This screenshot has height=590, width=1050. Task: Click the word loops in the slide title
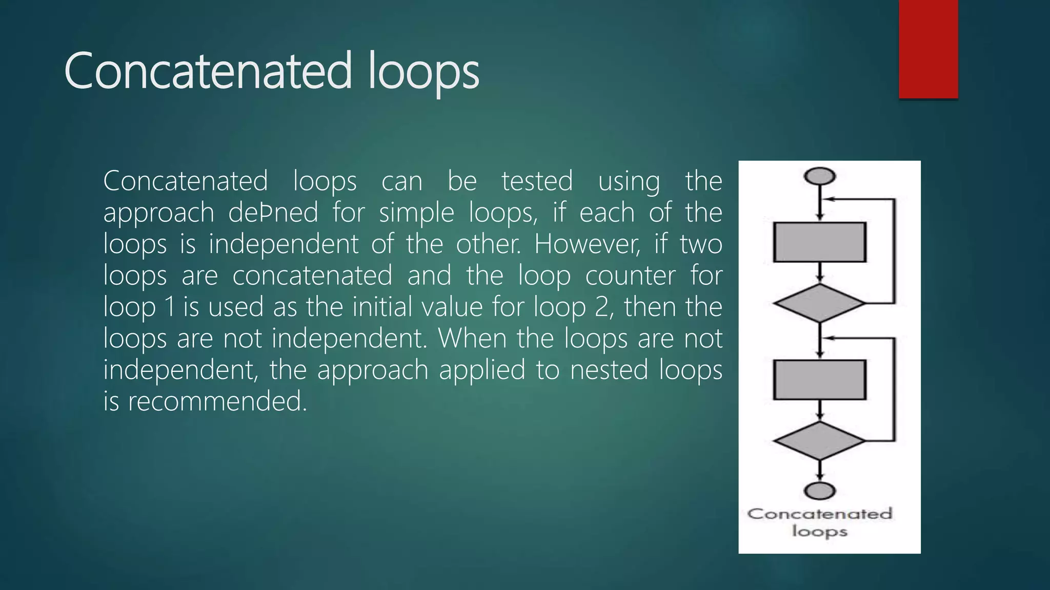(x=423, y=72)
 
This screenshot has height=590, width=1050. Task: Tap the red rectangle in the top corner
(x=928, y=49)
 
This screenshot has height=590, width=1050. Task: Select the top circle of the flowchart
(x=820, y=176)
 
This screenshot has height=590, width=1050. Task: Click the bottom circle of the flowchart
(x=820, y=491)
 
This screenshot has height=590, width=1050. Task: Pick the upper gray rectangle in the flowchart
(x=819, y=242)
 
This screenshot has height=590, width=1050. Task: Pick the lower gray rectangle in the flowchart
(x=819, y=380)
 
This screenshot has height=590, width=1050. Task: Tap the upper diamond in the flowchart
(x=819, y=303)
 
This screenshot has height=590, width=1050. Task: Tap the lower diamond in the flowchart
(x=819, y=440)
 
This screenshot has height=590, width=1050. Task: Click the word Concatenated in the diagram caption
(x=820, y=514)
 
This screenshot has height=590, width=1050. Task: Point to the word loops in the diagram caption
(x=820, y=531)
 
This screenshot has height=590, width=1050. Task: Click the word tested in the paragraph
(x=537, y=181)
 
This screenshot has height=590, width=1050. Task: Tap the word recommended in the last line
(x=217, y=401)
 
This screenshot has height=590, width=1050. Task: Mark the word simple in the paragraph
(x=416, y=213)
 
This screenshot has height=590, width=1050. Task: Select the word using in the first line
(x=629, y=182)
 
